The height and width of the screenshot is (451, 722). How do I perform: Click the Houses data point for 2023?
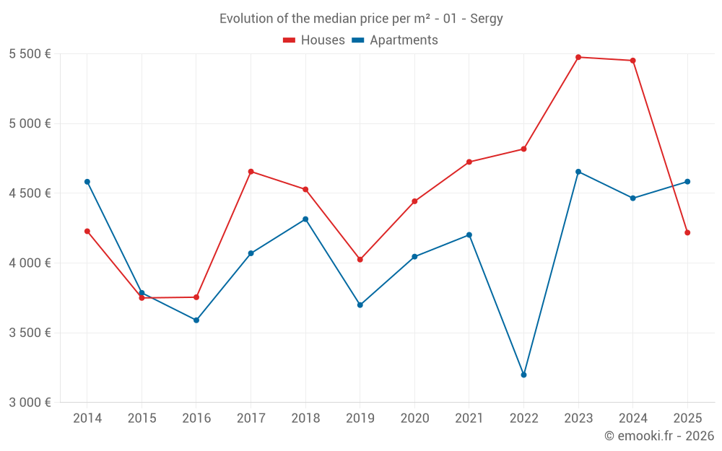tap(578, 57)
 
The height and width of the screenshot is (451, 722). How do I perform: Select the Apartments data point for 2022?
tap(523, 375)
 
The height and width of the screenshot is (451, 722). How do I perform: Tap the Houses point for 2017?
tap(251, 172)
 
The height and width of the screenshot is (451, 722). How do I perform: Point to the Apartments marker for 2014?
tap(87, 182)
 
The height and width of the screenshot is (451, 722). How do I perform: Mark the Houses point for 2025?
tap(687, 232)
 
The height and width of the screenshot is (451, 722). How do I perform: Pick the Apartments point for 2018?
tap(305, 219)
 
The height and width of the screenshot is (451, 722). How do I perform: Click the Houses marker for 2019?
tap(360, 259)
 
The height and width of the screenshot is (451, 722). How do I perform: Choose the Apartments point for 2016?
tap(196, 320)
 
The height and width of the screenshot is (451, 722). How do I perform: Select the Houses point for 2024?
tap(632, 61)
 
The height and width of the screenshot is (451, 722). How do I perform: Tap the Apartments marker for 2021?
tap(469, 235)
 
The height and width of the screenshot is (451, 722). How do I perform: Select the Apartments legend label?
tap(404, 40)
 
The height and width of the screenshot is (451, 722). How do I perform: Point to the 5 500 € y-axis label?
tap(30, 54)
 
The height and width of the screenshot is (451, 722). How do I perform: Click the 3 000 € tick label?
tap(30, 403)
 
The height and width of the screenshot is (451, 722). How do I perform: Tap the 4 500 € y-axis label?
tap(30, 193)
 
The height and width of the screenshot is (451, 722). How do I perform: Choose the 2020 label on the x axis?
tap(414, 419)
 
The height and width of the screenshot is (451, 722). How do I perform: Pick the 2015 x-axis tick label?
tap(142, 419)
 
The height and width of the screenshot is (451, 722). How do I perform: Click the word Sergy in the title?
tap(487, 19)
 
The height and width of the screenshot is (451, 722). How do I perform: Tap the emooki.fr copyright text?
tap(659, 436)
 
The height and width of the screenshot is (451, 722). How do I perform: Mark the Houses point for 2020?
tap(414, 201)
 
